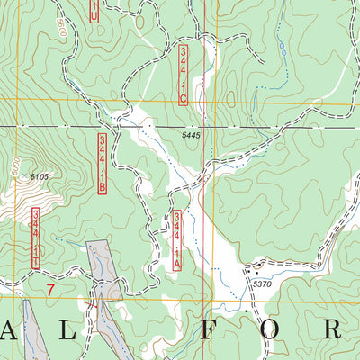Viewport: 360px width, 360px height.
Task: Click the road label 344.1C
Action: click(184, 75)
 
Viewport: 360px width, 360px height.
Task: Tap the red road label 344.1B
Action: click(103, 163)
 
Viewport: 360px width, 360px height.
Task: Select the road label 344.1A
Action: click(177, 241)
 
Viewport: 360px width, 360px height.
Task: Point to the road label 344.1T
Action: click(36, 238)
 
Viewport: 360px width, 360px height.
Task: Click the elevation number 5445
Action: click(189, 135)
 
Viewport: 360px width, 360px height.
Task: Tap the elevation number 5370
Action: click(262, 284)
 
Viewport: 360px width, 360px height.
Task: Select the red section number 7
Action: click(50, 289)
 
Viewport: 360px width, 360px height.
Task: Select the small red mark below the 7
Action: click(87, 306)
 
